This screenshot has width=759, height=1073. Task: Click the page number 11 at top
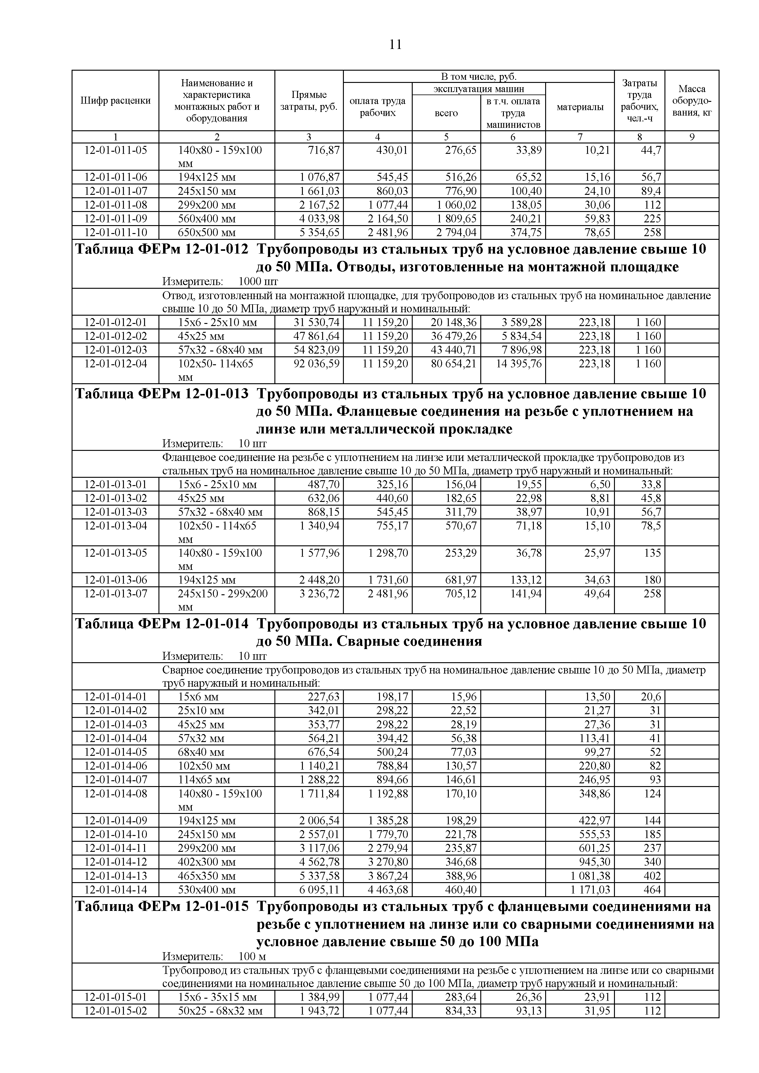395,45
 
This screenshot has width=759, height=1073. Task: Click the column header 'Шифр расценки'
115,100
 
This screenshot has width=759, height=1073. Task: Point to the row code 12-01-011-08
115,205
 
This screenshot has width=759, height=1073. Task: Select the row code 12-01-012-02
115,336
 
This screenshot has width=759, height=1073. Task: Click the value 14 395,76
519,364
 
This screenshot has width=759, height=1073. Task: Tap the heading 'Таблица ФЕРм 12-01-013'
162,393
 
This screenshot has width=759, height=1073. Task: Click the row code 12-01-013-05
115,553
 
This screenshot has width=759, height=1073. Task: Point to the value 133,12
526,580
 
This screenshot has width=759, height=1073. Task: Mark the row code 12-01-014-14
115,889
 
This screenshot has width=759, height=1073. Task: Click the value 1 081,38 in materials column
590,876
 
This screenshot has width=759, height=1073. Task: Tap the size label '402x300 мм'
206,862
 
